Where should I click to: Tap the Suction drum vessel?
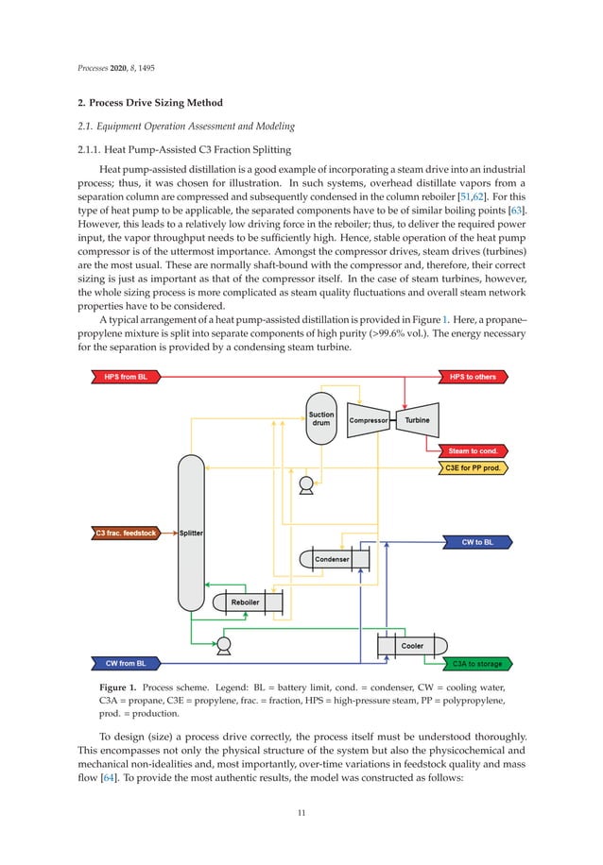(x=321, y=418)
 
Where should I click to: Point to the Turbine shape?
(x=417, y=420)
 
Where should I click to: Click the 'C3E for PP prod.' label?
(x=474, y=466)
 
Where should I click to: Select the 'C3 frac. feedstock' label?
(x=125, y=534)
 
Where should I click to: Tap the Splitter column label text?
(x=191, y=534)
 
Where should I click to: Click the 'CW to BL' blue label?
(x=477, y=542)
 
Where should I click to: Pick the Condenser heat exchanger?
(x=334, y=559)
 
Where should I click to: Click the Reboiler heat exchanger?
(x=248, y=602)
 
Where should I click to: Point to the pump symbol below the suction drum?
(x=305, y=486)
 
